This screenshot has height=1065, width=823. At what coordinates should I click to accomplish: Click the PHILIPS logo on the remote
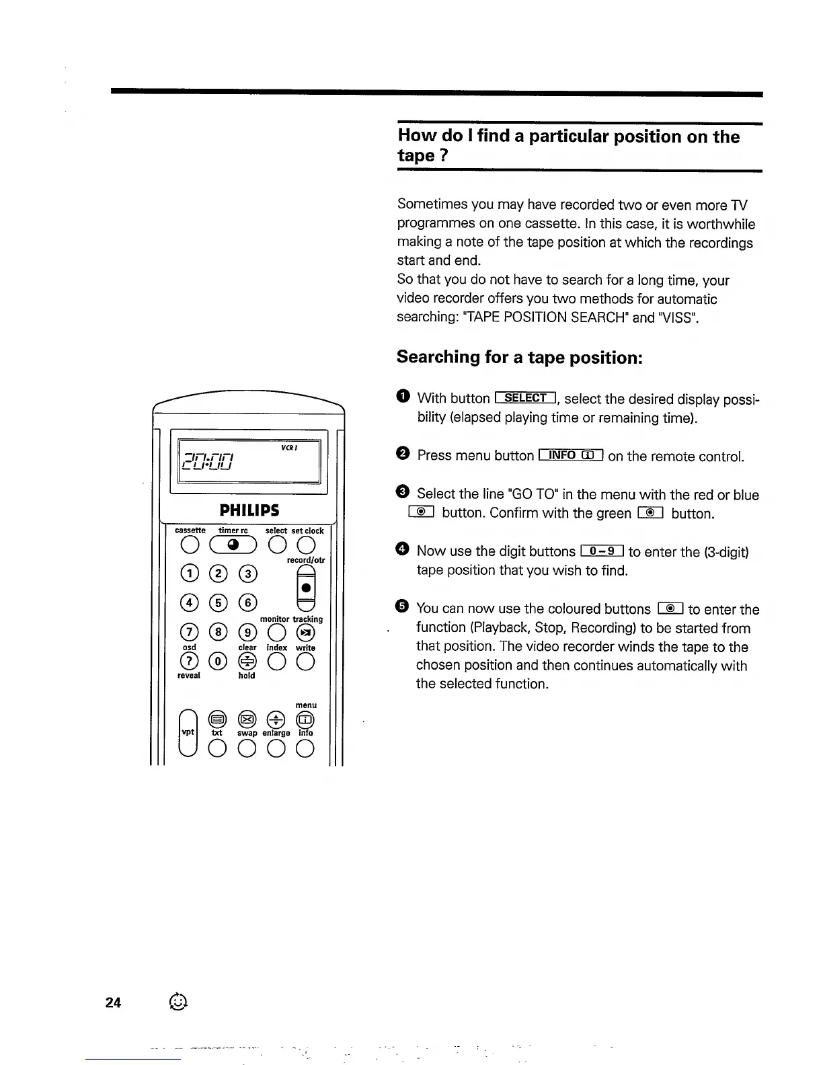[x=249, y=510]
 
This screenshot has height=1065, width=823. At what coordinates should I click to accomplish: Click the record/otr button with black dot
[x=306, y=587]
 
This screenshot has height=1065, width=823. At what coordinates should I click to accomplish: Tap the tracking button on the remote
[x=306, y=633]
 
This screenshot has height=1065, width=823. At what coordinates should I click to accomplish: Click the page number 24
[x=113, y=1002]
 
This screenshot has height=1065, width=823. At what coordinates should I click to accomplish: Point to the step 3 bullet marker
[x=401, y=493]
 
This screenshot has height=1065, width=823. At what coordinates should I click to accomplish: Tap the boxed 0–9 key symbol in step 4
[x=602, y=551]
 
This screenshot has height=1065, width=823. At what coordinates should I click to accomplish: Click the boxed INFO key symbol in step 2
[x=570, y=455]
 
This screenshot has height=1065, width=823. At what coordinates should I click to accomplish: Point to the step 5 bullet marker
[x=401, y=607]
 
